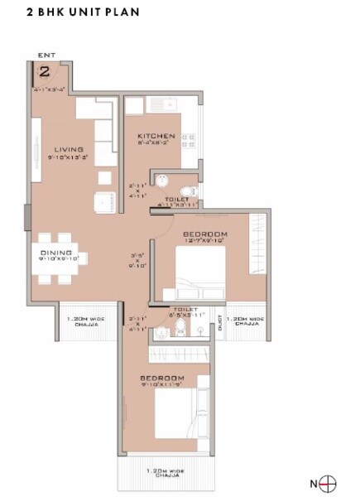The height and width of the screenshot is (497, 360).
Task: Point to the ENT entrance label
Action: (x=45, y=55)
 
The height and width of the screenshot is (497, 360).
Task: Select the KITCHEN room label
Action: (x=156, y=136)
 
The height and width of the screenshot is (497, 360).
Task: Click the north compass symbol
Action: (x=329, y=482)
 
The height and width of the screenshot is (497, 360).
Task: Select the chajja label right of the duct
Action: (x=246, y=321)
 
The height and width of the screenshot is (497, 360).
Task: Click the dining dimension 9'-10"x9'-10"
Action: (x=55, y=259)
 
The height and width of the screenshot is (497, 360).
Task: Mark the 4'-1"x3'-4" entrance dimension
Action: (x=50, y=87)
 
